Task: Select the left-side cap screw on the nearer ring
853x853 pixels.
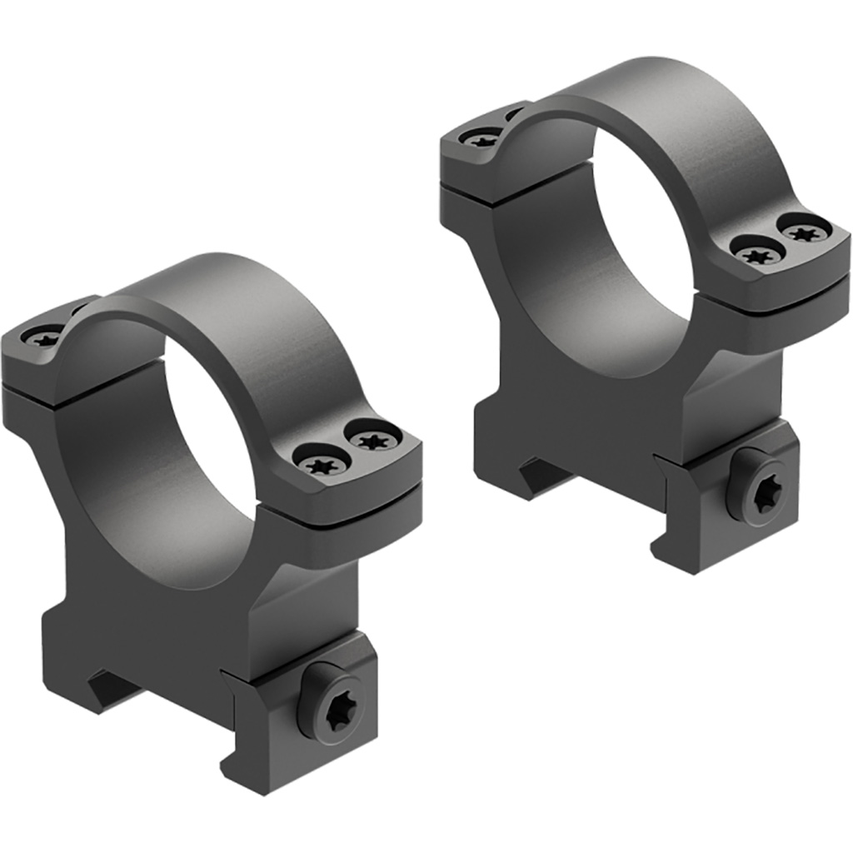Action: tap(43, 337)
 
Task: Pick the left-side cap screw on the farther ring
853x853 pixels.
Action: tap(482, 139)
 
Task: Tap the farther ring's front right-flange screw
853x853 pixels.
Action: tap(756, 253)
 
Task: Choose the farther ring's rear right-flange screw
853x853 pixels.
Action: tap(804, 231)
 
